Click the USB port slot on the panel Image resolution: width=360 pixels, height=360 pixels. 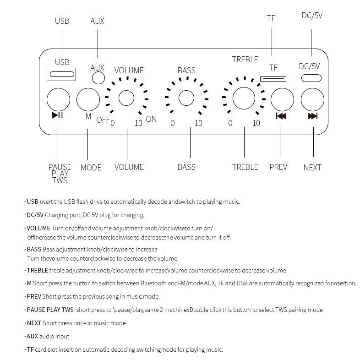(x=61, y=74)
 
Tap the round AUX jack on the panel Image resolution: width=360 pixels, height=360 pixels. (x=98, y=78)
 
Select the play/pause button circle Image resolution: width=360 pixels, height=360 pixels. (x=58, y=99)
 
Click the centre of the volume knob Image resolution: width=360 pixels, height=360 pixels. (x=126, y=98)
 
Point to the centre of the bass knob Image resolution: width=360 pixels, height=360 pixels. (x=186, y=98)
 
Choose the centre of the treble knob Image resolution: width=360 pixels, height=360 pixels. (x=244, y=98)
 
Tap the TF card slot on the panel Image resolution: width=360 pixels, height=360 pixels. (x=273, y=79)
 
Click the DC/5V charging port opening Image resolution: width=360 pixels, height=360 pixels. (x=311, y=78)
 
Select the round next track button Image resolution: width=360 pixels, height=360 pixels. (x=312, y=99)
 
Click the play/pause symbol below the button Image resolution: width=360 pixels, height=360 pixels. (x=58, y=115)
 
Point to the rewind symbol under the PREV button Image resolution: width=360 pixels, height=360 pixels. (x=281, y=116)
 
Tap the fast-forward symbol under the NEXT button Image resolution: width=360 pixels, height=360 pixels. (x=312, y=116)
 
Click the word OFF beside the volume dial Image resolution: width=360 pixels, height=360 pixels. (x=103, y=120)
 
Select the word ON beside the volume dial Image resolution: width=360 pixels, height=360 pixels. (x=151, y=119)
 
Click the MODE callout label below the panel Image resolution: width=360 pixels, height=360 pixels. (x=91, y=168)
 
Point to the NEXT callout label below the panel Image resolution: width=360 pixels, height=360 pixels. (x=312, y=168)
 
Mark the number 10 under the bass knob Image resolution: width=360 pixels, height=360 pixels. (x=198, y=123)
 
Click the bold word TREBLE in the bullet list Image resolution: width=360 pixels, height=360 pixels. (x=37, y=271)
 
